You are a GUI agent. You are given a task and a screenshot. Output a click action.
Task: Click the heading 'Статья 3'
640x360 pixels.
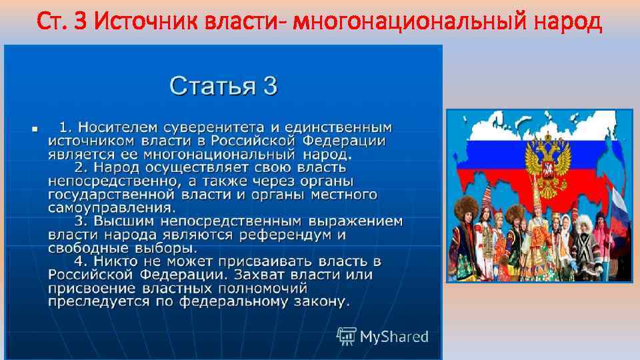(223, 86)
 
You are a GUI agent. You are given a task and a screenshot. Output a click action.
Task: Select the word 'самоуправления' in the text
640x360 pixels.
(102, 207)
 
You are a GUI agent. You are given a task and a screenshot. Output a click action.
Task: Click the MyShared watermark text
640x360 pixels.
(393, 337)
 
